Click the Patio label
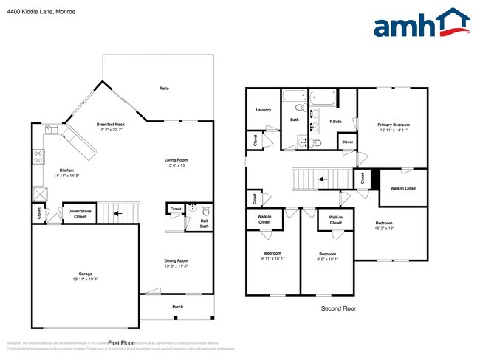click(x=165, y=89)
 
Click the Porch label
click(x=177, y=307)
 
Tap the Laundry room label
click(x=263, y=110)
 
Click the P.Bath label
click(x=335, y=121)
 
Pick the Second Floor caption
click(x=338, y=308)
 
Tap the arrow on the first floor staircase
click(x=116, y=215)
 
